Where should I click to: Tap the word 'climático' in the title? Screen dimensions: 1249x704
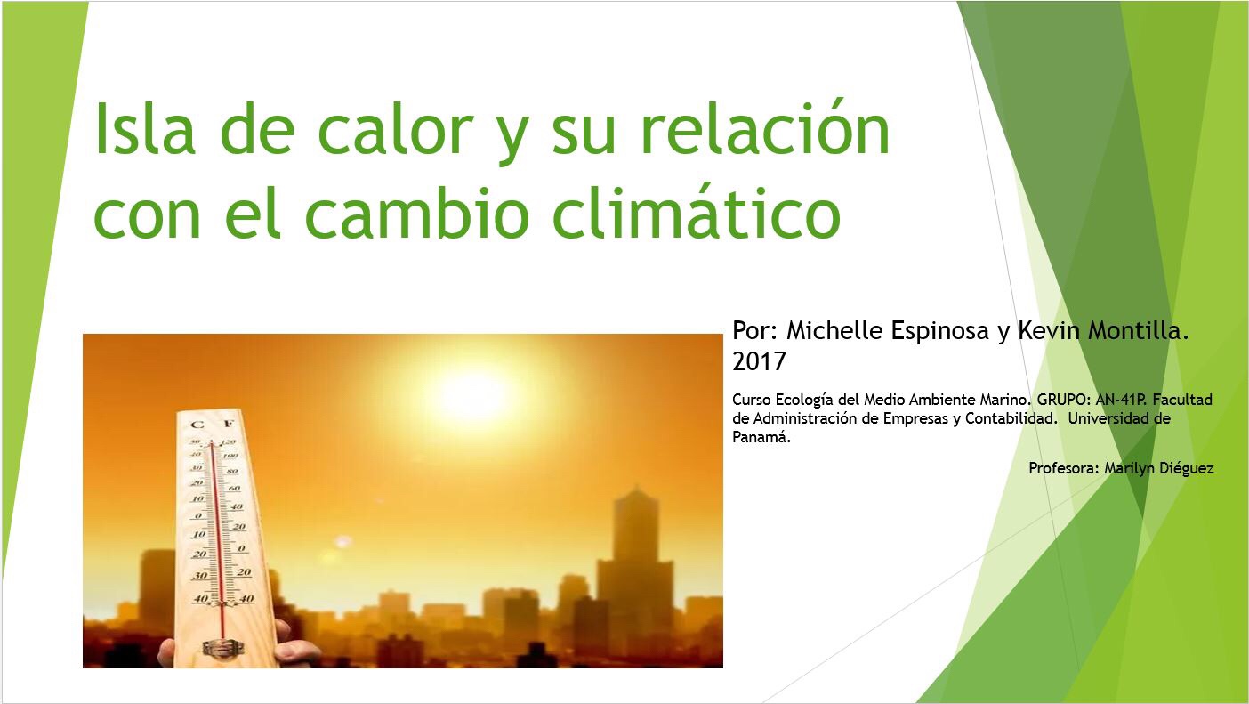pyautogui.click(x=697, y=213)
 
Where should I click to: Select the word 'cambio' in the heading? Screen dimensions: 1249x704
pyautogui.click(x=416, y=213)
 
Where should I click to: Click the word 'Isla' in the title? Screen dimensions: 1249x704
pyautogui.click(x=145, y=128)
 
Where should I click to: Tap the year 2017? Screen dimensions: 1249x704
pyautogui.click(x=759, y=361)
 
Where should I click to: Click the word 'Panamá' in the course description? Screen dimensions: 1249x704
pyautogui.click(x=760, y=437)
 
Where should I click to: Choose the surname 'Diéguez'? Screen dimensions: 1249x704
pyautogui.click(x=1186, y=469)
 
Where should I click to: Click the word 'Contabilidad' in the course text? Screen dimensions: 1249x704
pyautogui.click(x=1010, y=418)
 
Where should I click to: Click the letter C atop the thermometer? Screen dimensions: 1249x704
pyautogui.click(x=197, y=425)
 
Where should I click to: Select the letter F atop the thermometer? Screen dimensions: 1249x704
pyautogui.click(x=228, y=424)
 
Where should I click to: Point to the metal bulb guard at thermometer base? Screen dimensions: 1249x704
pyautogui.click(x=223, y=648)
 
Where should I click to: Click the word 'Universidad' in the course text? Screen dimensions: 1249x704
pyautogui.click(x=1108, y=418)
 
